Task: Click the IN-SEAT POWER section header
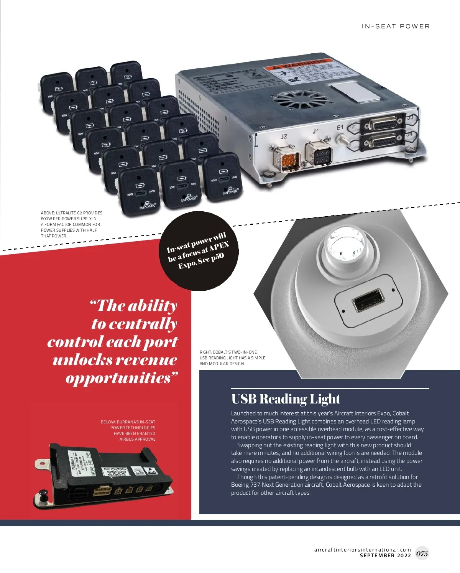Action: (396, 26)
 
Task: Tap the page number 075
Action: (422, 553)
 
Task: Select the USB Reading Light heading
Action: (286, 399)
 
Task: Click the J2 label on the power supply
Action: (284, 136)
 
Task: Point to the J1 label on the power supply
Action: (315, 131)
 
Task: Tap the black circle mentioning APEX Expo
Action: (199, 251)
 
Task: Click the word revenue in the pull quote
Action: (146, 360)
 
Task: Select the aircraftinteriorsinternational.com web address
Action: (362, 550)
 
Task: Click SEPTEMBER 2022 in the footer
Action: (385, 555)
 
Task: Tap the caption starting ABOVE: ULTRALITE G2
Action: (72, 224)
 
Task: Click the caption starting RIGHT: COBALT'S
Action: (232, 358)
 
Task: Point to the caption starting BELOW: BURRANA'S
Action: (128, 430)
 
